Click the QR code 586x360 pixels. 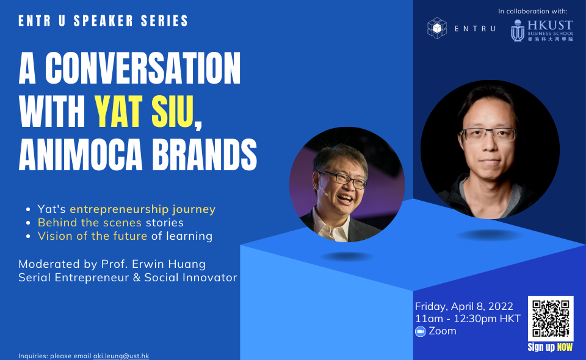click(x=551, y=319)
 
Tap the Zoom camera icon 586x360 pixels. click(x=421, y=331)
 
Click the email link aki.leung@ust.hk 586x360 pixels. click(x=121, y=356)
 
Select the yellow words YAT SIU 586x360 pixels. click(x=144, y=112)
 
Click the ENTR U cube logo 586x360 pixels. click(x=437, y=28)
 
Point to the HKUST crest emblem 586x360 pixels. click(x=518, y=31)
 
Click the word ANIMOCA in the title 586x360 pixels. click(x=81, y=154)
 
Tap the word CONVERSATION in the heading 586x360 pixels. click(x=143, y=68)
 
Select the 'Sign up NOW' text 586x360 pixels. click(x=550, y=347)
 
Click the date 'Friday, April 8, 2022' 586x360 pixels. click(x=464, y=306)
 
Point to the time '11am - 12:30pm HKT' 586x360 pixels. click(x=468, y=319)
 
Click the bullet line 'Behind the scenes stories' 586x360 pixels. click(x=110, y=223)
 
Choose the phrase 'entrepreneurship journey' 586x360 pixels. click(x=142, y=209)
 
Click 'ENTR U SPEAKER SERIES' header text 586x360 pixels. click(x=103, y=21)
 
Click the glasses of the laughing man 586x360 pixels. click(x=342, y=179)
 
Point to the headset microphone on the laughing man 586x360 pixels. click(x=322, y=191)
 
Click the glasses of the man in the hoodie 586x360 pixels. click(x=489, y=134)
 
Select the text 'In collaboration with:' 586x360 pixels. click(x=532, y=11)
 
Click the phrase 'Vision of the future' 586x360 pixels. click(x=92, y=236)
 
